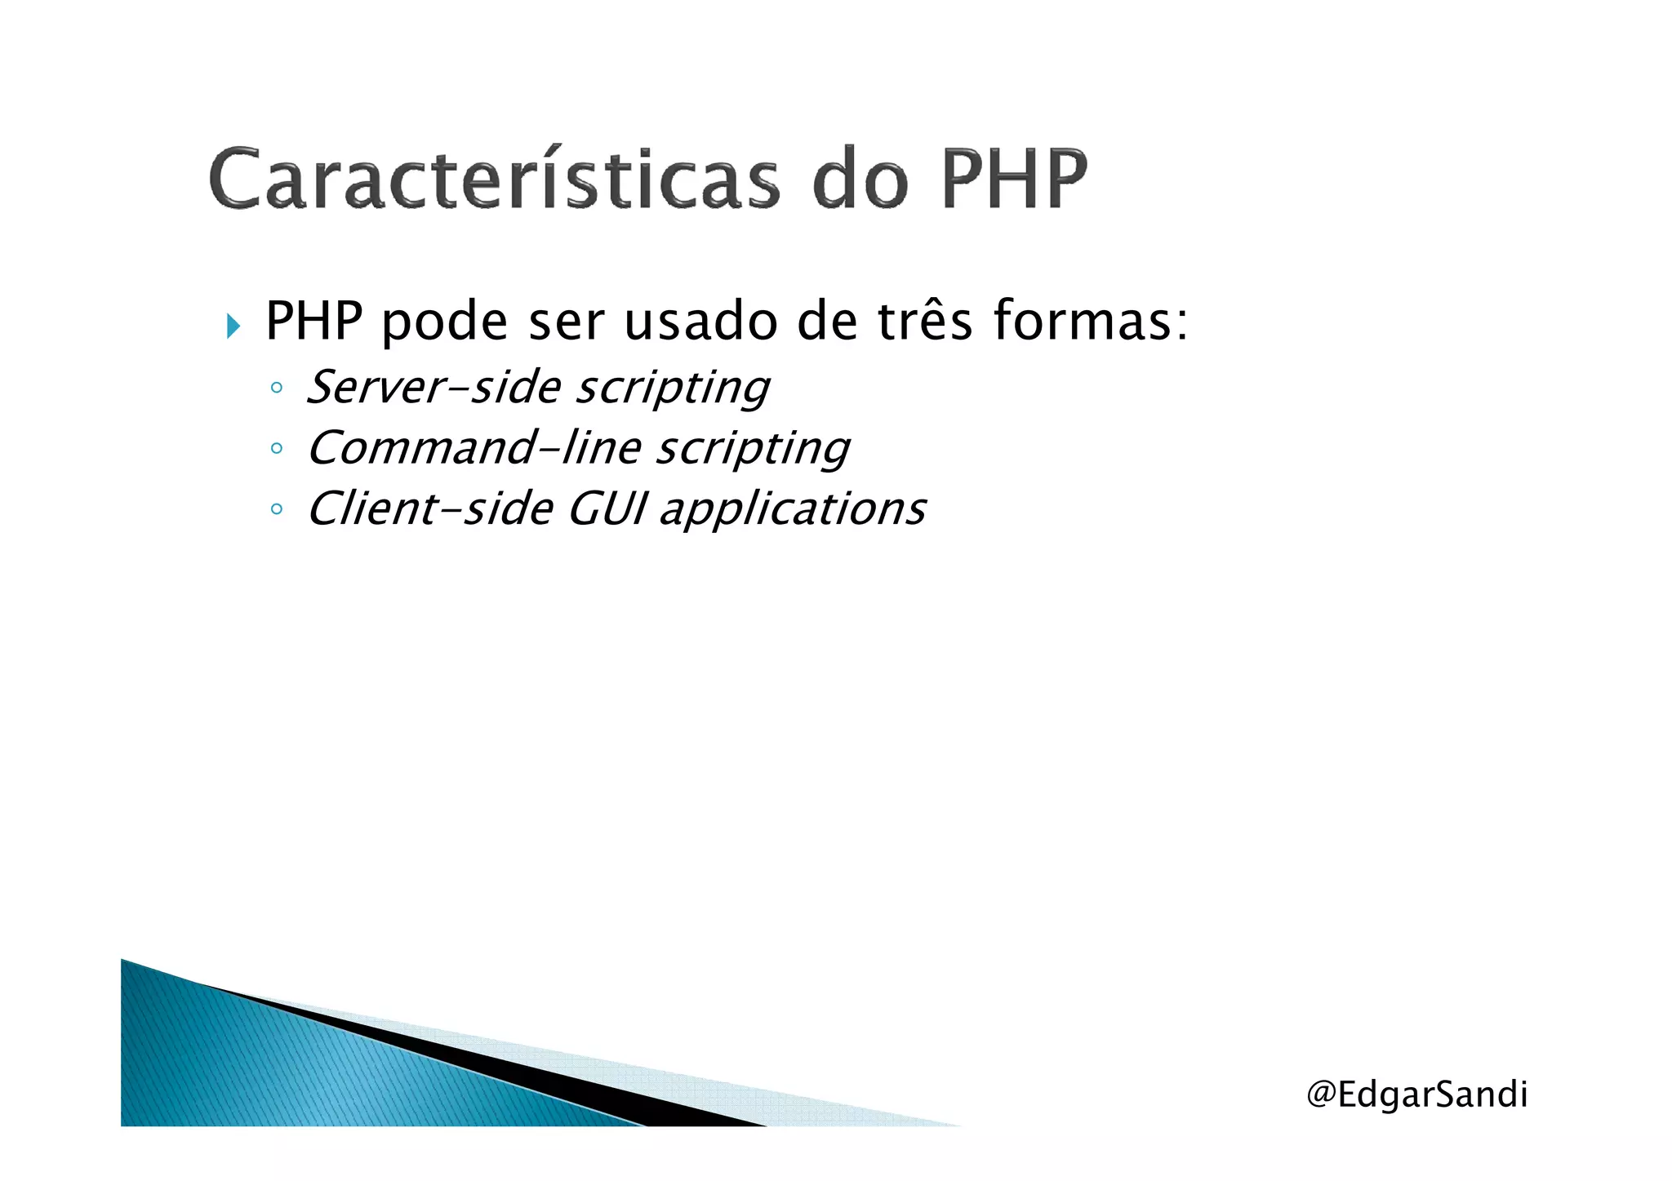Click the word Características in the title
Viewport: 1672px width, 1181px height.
[494, 178]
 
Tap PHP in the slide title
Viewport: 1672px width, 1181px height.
[1014, 178]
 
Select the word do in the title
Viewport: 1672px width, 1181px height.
[860, 178]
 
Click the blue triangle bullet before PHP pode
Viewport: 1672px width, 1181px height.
[233, 326]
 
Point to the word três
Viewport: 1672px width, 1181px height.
[925, 320]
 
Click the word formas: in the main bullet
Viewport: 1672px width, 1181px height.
[1091, 320]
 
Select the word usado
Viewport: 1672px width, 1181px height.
[700, 320]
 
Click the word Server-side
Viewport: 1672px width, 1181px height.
[434, 386]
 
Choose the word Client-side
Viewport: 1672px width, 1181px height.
[430, 508]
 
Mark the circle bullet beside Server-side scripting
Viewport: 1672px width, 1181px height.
[277, 388]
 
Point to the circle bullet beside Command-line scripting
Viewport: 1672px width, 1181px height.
[277, 448]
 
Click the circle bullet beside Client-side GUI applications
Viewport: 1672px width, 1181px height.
[277, 509]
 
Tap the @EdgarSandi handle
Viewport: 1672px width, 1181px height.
[1416, 1094]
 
